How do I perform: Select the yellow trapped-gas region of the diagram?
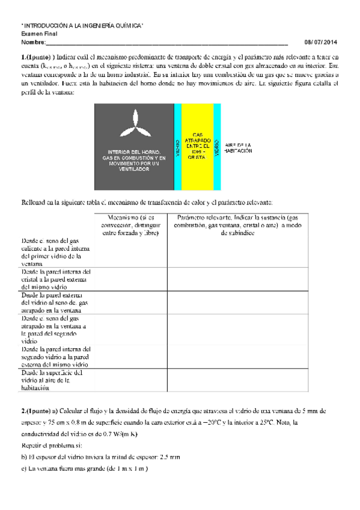(197, 147)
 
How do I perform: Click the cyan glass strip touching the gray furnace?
(177, 147)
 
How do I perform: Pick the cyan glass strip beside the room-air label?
(217, 147)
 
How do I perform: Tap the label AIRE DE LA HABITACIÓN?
(238, 148)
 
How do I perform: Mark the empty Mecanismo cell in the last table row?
(130, 380)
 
